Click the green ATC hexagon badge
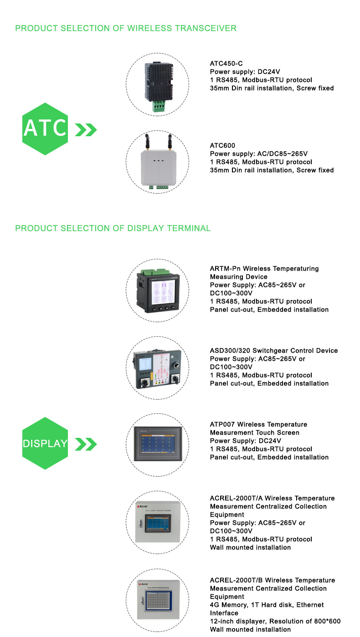pos(45,129)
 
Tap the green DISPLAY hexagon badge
pos(45,443)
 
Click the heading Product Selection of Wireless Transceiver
pos(126,28)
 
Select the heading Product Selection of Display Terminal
pos(113,228)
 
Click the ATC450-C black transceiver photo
pos(157,85)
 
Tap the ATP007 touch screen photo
pos(157,442)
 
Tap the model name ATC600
pos(222,145)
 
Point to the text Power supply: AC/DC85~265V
pos(262,154)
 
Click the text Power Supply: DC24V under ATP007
pos(246,441)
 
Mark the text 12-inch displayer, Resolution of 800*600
pos(275,621)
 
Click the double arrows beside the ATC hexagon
pos(86,130)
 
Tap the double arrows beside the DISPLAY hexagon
pos(86,444)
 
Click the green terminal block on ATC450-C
pos(158,106)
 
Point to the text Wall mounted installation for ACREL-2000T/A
pos(250,547)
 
